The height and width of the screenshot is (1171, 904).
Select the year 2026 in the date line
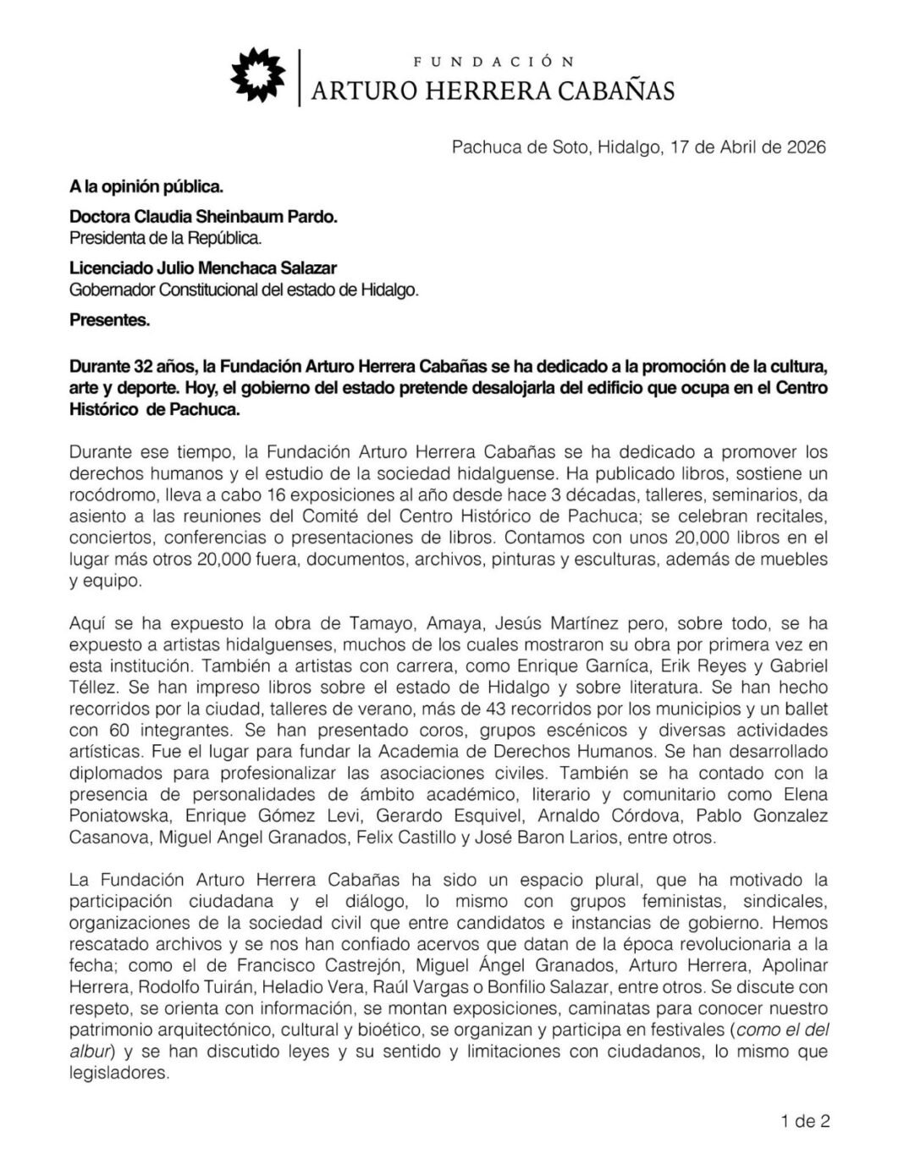(x=804, y=147)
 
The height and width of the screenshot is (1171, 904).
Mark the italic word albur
(x=90, y=1052)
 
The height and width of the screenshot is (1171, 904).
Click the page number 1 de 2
(x=805, y=1122)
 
